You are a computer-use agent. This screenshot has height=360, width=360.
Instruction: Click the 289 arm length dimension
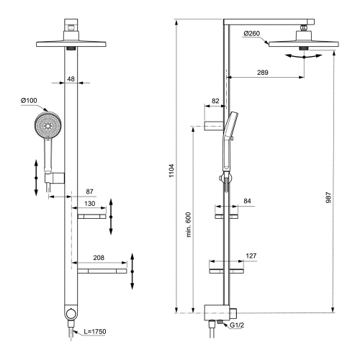264,73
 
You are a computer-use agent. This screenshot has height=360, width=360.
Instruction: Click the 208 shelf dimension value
99,257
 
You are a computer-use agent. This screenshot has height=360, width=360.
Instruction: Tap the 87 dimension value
89,192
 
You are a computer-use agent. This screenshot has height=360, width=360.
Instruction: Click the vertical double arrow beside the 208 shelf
134,271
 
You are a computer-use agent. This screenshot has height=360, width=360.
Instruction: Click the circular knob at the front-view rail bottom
70,314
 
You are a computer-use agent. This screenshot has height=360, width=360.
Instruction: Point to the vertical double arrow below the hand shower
36,176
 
